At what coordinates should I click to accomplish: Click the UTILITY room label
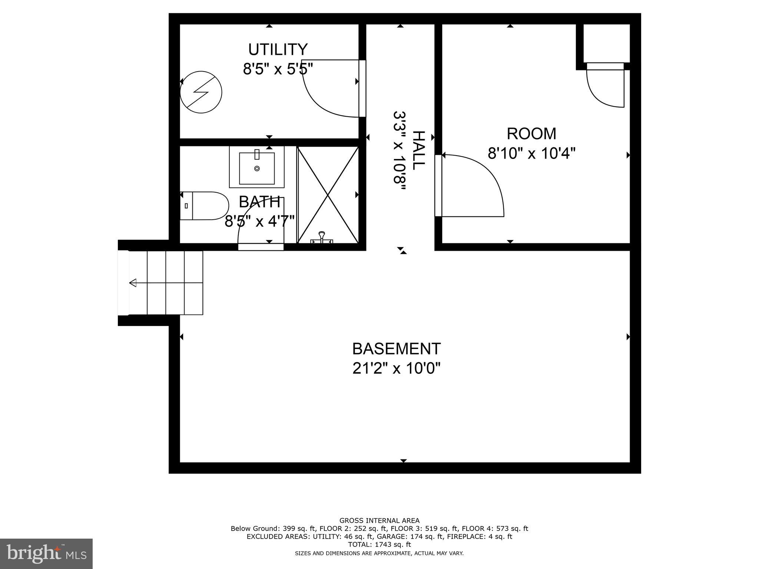tap(278, 50)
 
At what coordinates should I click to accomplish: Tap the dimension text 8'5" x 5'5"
tap(278, 69)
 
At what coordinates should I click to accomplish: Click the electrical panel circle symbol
tap(201, 92)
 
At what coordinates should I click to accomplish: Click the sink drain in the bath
tap(257, 169)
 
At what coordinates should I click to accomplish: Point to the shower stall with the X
tap(328, 195)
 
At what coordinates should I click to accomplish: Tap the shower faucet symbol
tap(322, 237)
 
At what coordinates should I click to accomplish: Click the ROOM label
tap(531, 134)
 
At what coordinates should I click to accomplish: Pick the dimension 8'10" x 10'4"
tap(531, 153)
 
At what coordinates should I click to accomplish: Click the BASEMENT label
tap(396, 349)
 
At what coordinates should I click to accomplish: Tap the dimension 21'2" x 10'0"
tap(396, 369)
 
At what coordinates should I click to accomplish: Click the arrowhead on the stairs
tap(133, 283)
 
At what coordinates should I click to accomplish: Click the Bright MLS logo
tap(46, 554)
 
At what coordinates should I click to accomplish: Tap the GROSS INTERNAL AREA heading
tap(379, 520)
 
